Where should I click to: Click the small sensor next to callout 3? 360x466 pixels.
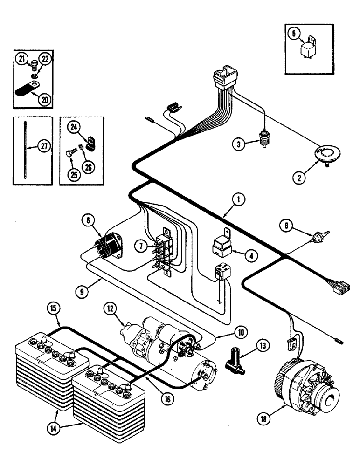coord(265,138)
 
